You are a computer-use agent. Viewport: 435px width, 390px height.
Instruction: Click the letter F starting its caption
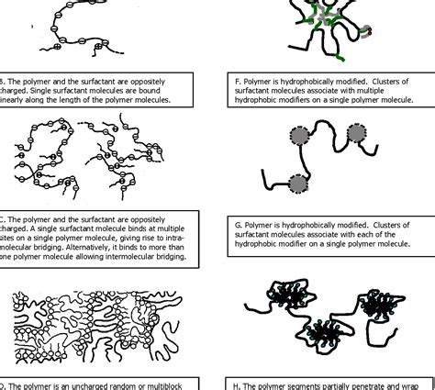(x=237, y=81)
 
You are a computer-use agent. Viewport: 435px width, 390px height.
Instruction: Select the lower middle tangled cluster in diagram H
(x=329, y=331)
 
